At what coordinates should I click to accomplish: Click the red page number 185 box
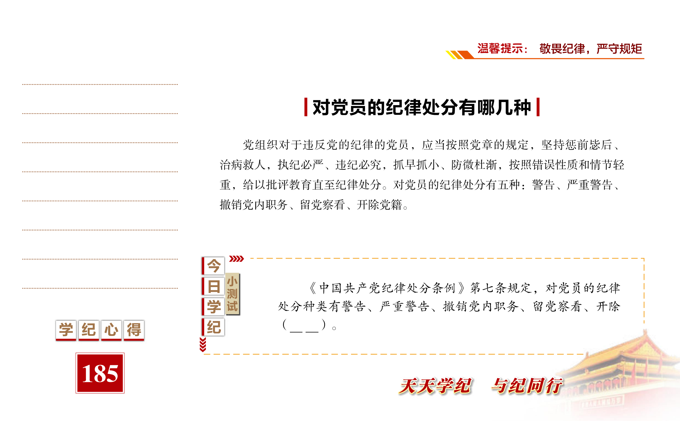click(100, 373)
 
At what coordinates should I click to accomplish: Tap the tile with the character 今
click(213, 266)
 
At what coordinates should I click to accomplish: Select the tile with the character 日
click(213, 286)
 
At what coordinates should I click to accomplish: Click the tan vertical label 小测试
click(232, 294)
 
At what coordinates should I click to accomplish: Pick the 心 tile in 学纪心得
click(111, 330)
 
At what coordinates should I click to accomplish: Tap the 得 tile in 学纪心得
click(134, 330)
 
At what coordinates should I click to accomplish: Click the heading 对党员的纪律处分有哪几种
click(422, 107)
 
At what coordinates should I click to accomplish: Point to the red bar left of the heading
click(306, 107)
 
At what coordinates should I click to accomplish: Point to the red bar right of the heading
click(538, 107)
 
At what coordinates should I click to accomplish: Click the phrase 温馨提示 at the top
click(500, 49)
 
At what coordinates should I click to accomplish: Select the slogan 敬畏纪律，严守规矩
click(591, 49)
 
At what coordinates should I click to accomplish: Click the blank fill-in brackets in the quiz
click(304, 325)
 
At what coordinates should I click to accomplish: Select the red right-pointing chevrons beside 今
click(236, 259)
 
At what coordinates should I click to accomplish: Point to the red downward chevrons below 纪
click(203, 344)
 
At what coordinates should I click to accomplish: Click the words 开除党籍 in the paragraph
click(379, 205)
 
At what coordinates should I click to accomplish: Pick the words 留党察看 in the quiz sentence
click(557, 306)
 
